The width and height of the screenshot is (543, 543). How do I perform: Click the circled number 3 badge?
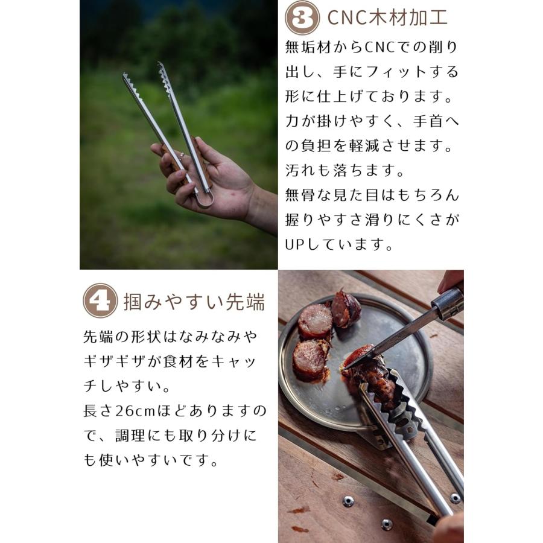point(302,17)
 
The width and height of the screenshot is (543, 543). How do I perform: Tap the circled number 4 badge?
point(100,300)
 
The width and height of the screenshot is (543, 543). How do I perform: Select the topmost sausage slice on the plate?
point(345,308)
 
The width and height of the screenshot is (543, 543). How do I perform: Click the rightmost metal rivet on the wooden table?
point(455,498)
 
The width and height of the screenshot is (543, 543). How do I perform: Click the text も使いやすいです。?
point(151,460)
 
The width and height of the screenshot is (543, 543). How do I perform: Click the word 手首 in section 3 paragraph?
point(419,121)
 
